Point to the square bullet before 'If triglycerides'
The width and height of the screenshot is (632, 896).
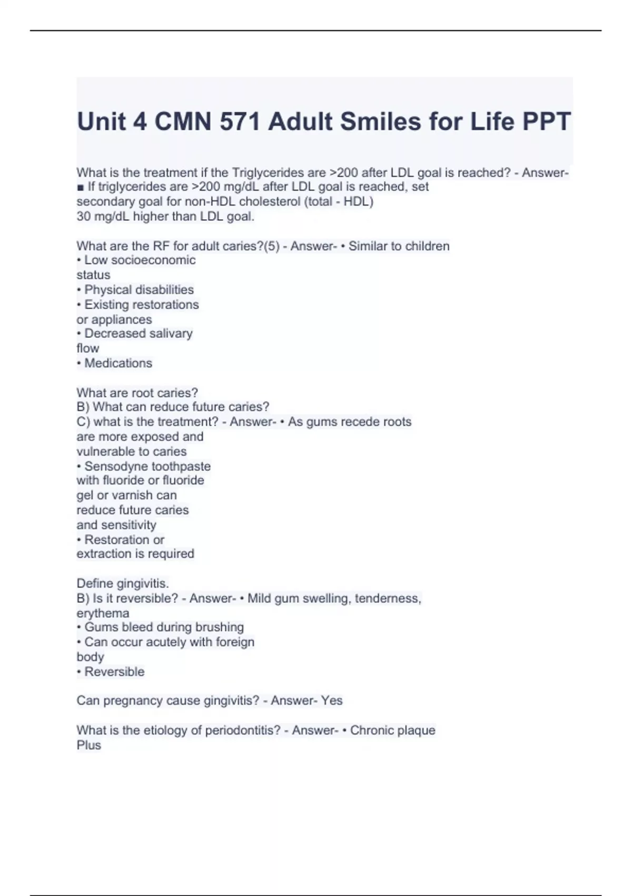pyautogui.click(x=81, y=187)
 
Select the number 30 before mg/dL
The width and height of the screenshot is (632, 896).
pyautogui.click(x=83, y=217)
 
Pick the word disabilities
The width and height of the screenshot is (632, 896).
pyautogui.click(x=165, y=290)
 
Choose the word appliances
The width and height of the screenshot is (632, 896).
pyautogui.click(x=122, y=320)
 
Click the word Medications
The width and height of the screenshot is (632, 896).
pyautogui.click(x=118, y=363)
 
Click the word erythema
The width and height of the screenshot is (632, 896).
pyautogui.click(x=103, y=613)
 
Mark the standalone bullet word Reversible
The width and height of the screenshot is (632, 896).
pyautogui.click(x=114, y=672)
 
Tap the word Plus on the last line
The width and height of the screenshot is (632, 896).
pyautogui.click(x=88, y=745)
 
